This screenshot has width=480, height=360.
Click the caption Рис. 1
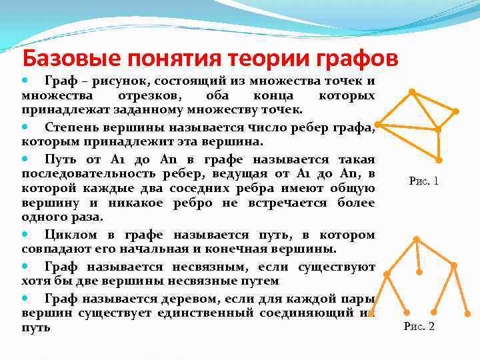(423, 181)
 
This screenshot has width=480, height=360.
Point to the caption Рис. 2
(419, 327)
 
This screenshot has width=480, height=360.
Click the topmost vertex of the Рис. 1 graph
(411, 91)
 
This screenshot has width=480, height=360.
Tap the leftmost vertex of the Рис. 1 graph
(378, 125)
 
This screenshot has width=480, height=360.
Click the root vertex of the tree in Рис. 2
(416, 239)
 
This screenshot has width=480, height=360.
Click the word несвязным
(213, 267)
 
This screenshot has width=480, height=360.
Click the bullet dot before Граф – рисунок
(27, 79)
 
